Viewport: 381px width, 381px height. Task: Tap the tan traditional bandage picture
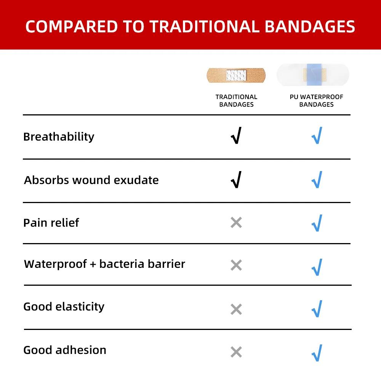click(236, 75)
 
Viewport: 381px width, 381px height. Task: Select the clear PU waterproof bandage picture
click(313, 75)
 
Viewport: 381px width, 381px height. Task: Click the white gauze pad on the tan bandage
click(236, 75)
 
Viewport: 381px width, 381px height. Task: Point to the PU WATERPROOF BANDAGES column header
click(316, 101)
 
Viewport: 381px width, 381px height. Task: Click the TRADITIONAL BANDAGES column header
click(236, 101)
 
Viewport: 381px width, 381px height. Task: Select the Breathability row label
click(59, 137)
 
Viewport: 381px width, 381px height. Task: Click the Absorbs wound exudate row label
click(91, 180)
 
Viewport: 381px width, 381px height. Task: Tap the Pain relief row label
click(51, 223)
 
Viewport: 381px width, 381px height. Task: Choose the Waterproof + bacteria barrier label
click(104, 264)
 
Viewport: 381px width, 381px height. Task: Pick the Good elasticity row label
click(64, 307)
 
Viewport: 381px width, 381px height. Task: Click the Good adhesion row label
click(65, 350)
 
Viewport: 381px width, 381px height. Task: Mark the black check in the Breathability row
click(236, 136)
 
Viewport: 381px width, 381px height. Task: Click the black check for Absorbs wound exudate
click(236, 179)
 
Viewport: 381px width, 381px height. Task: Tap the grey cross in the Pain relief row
click(236, 223)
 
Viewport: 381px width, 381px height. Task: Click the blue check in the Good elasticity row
click(317, 309)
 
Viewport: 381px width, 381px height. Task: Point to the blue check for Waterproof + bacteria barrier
click(317, 267)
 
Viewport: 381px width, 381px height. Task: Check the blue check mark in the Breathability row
click(317, 136)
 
